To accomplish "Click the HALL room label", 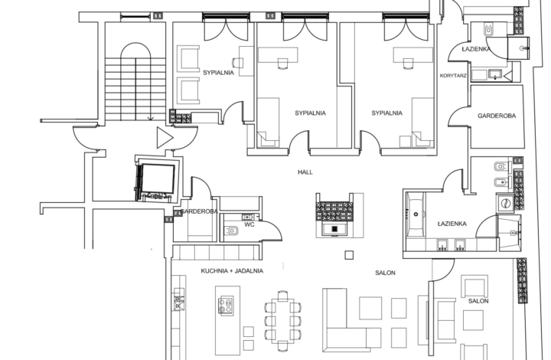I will [306, 172].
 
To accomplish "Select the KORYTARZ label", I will [454, 76].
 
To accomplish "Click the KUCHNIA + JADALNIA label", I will [232, 271].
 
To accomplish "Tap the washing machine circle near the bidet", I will [506, 203].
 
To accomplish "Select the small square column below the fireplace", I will [349, 254].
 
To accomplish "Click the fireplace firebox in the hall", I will [335, 228].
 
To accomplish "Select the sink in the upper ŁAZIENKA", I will [493, 74].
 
